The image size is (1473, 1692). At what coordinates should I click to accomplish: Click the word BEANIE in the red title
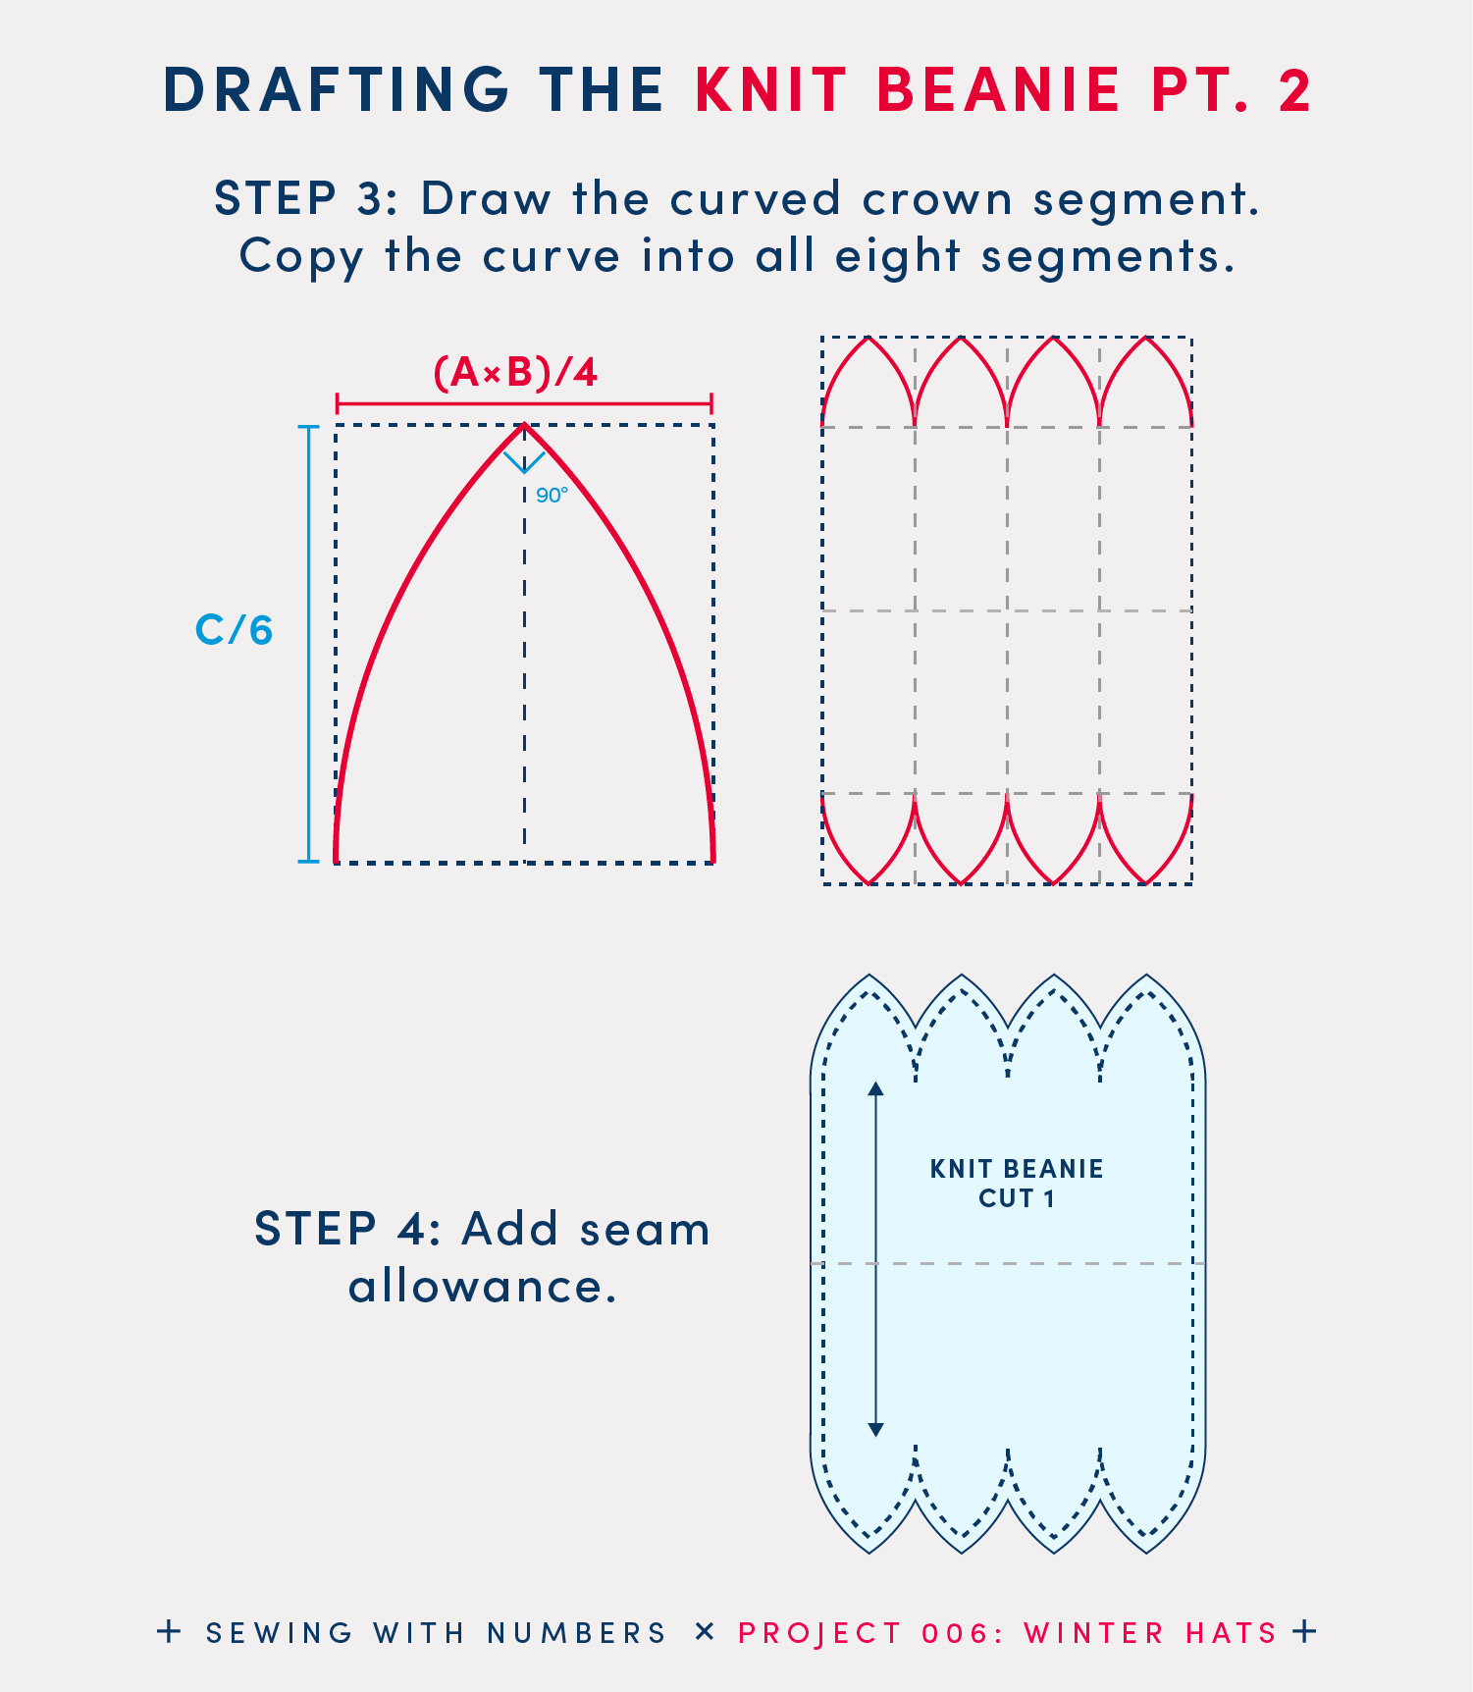(x=998, y=90)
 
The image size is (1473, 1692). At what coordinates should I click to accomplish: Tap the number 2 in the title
(x=1294, y=90)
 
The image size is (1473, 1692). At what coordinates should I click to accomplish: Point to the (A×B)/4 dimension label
(x=516, y=373)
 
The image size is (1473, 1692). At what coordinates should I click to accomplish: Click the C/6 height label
(x=234, y=630)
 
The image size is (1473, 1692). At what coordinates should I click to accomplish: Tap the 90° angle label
(x=552, y=496)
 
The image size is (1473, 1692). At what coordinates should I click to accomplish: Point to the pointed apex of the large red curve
(x=524, y=426)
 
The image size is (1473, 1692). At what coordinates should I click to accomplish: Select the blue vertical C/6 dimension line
(x=309, y=644)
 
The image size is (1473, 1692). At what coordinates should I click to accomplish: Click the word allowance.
(x=483, y=1287)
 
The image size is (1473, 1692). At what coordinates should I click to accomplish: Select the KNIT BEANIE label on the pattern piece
(x=1017, y=1169)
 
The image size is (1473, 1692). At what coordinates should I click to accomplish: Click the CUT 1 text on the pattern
(x=1017, y=1198)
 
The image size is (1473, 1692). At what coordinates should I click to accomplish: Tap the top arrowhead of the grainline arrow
(x=876, y=1088)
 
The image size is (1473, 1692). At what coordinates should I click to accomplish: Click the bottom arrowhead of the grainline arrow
(x=876, y=1430)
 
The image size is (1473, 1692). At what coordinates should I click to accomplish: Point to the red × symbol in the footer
(x=704, y=1632)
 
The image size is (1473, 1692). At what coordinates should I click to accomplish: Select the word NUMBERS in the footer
(x=577, y=1633)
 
